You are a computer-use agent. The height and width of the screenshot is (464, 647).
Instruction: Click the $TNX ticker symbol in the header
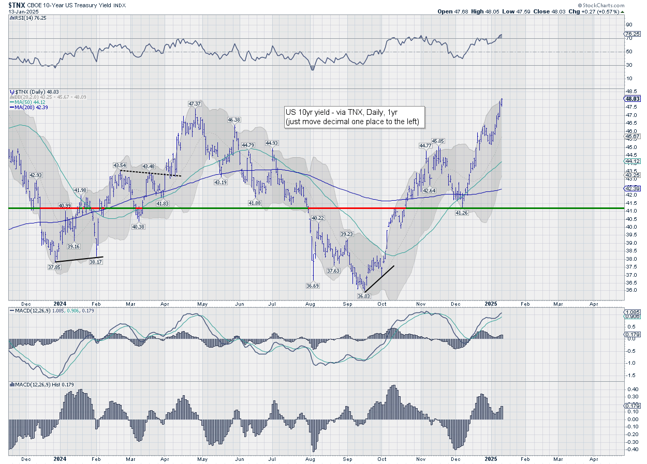pos(17,5)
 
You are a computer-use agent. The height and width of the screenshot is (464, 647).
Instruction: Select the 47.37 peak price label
pos(195,103)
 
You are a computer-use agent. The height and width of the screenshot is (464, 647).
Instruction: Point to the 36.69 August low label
pos(313,285)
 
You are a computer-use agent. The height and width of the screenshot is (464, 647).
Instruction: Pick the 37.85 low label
pos(54,267)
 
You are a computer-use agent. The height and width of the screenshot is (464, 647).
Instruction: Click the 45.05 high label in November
pos(438,141)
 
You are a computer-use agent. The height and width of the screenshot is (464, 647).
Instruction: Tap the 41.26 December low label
pos(462,213)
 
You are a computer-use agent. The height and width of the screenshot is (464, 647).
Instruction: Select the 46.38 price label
pos(234,119)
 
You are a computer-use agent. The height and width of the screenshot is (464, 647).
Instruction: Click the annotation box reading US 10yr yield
pos(354,117)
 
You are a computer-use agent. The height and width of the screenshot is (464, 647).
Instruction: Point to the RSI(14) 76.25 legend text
pos(28,18)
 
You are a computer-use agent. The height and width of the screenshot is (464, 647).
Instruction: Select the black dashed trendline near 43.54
pos(150,173)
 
